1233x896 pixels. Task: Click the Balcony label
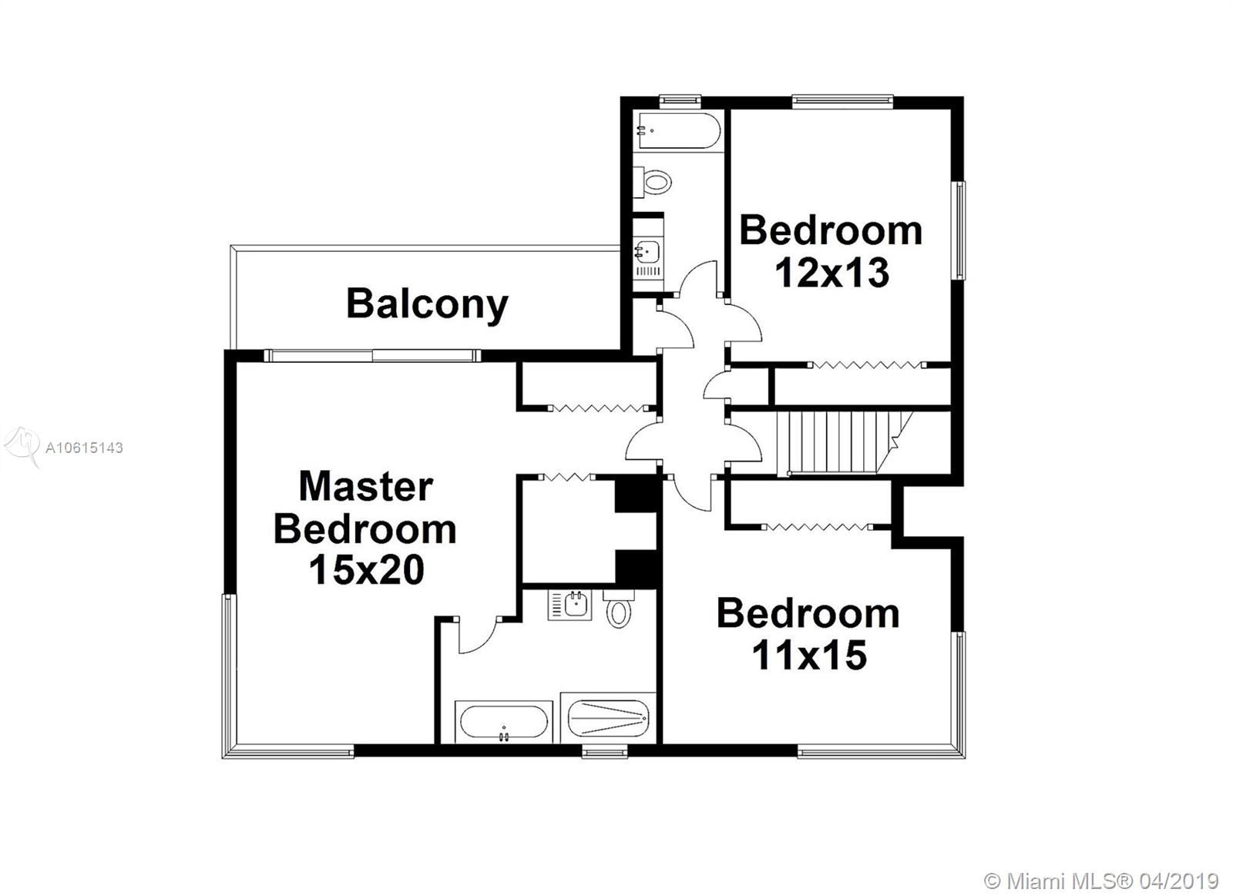click(x=427, y=304)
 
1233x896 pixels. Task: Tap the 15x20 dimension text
click(x=367, y=569)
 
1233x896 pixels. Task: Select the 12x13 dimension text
click(x=832, y=273)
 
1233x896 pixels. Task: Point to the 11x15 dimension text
click(x=809, y=656)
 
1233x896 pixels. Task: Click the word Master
click(x=366, y=486)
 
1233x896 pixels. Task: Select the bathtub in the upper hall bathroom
click(x=677, y=130)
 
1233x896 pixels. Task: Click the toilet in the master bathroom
click(x=619, y=609)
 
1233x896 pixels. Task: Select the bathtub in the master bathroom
click(x=504, y=722)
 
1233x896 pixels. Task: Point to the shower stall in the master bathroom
click(x=608, y=718)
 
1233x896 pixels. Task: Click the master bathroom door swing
click(x=478, y=635)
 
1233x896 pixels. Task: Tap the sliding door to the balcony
click(x=373, y=355)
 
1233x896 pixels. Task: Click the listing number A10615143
click(x=84, y=448)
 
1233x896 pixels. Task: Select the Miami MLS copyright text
click(x=1101, y=866)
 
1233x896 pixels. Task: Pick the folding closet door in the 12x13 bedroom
click(x=867, y=364)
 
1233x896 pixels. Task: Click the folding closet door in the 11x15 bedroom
click(x=818, y=527)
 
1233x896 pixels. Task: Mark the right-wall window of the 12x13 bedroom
click(x=959, y=230)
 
